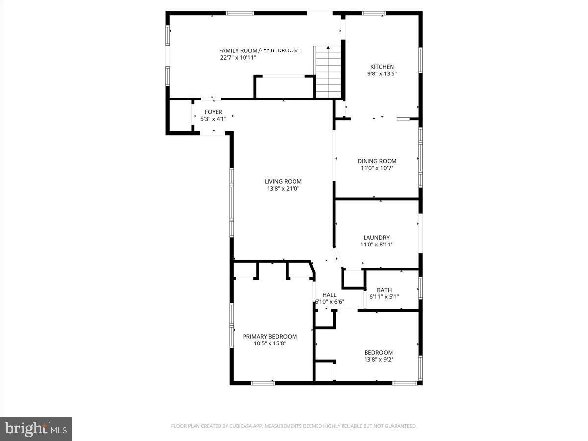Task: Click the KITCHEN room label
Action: tap(382, 67)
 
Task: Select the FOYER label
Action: tap(213, 112)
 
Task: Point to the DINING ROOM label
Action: tap(377, 161)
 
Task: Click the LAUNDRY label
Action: tap(376, 238)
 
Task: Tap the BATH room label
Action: tap(384, 290)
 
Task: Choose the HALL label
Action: tap(329, 295)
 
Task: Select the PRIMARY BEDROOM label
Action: tap(270, 336)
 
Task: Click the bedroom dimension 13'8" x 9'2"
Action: tap(379, 359)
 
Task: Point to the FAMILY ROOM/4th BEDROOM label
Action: tap(259, 50)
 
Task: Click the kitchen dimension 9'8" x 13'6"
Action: tap(382, 73)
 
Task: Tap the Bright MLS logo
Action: tap(36, 429)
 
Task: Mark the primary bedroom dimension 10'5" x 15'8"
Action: tap(270, 343)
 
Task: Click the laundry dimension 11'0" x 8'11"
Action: tap(376, 245)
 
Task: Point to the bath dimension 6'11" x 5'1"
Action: tap(384, 297)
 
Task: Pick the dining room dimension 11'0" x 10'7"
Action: tap(377, 168)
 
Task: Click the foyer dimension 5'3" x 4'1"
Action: tap(213, 119)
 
